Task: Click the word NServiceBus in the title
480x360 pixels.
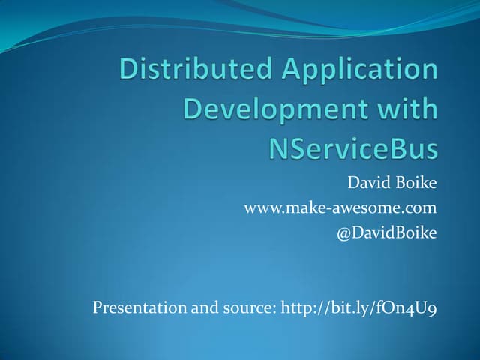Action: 352,148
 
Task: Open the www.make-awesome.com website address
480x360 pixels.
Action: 340,208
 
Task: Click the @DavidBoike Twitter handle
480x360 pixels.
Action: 388,233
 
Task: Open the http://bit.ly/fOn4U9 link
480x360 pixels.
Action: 358,308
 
